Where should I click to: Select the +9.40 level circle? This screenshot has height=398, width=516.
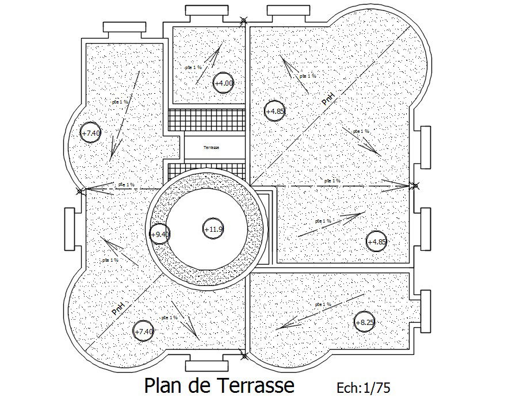(x=159, y=234)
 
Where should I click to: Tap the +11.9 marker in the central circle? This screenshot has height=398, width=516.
(x=213, y=229)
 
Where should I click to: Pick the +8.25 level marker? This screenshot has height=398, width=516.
(x=364, y=323)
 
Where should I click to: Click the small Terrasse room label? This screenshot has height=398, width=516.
(x=211, y=148)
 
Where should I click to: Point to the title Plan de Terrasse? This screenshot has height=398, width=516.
(x=219, y=385)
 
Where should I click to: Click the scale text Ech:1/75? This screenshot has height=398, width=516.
(x=364, y=387)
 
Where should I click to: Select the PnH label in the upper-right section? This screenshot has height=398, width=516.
(x=328, y=99)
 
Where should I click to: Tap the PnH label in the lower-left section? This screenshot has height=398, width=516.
(x=118, y=307)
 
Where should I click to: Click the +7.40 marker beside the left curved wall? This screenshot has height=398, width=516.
(x=90, y=133)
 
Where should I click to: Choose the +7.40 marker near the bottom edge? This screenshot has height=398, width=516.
(x=143, y=331)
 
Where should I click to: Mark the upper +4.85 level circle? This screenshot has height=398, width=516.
(x=274, y=111)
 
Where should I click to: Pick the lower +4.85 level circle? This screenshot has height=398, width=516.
(x=377, y=242)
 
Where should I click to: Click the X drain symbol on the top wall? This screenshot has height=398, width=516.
(x=244, y=22)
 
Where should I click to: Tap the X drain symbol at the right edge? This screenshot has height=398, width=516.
(x=413, y=186)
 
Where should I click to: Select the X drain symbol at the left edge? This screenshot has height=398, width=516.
(x=80, y=190)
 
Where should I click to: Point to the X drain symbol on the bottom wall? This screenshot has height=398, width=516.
(x=244, y=355)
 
